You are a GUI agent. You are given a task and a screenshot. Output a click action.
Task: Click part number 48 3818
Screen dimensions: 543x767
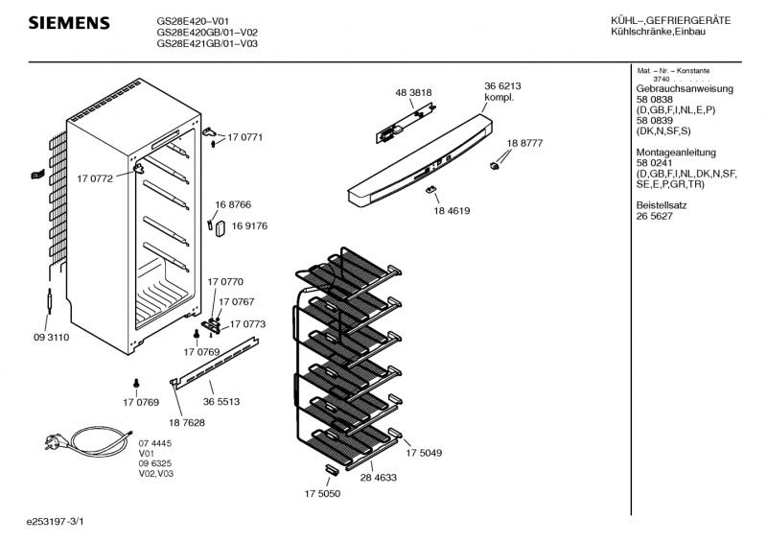pos(413,92)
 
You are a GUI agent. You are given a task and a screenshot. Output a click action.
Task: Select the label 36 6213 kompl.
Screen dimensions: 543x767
pos(502,91)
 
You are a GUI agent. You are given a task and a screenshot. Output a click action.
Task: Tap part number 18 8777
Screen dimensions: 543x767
pos(524,143)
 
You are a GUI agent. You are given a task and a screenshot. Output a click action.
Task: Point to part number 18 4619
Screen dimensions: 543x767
pos(452,210)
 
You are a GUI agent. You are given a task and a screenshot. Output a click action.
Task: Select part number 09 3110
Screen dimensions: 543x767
pos(51,337)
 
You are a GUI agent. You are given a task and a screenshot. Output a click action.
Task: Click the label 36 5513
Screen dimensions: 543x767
pos(221,401)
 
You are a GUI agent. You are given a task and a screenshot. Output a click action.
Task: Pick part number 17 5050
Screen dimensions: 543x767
pos(323,493)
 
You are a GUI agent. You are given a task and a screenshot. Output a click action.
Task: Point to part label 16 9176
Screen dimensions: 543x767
pos(248,226)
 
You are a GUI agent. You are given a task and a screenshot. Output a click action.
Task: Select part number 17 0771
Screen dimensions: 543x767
pos(244,138)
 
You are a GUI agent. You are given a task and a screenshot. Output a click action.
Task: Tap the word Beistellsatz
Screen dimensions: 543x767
pos(661,205)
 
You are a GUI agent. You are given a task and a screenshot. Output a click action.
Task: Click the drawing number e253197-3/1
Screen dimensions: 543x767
pos(62,522)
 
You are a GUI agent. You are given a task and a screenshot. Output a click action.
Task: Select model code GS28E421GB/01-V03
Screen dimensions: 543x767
pos(207,43)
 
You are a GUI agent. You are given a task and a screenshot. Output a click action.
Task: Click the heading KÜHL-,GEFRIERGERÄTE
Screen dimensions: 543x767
pos(670,21)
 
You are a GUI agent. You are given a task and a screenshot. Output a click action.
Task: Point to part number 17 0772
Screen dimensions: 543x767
pos(95,178)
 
